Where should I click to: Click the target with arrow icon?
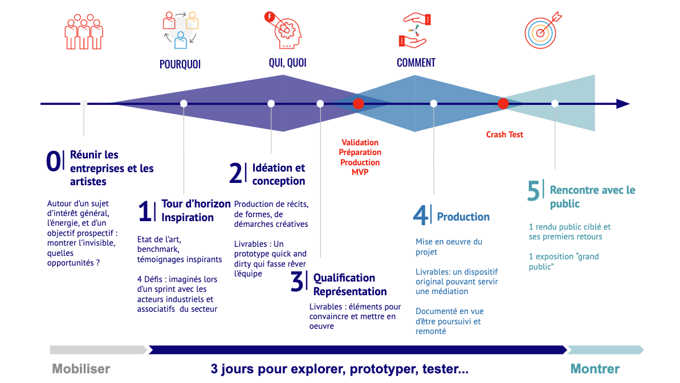(x=543, y=30)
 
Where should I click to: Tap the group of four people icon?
(x=84, y=32)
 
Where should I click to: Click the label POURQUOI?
(x=180, y=64)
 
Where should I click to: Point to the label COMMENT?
(x=416, y=63)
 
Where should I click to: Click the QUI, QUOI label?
(x=287, y=63)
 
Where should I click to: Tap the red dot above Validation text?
(x=358, y=104)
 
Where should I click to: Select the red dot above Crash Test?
(x=503, y=104)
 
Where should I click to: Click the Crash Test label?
(x=504, y=135)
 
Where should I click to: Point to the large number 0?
(x=54, y=161)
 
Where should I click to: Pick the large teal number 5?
(x=534, y=191)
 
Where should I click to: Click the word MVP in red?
(x=360, y=172)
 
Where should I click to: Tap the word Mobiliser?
(x=81, y=369)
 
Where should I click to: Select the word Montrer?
(x=595, y=369)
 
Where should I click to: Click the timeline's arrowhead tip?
(x=630, y=104)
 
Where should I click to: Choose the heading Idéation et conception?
(x=278, y=174)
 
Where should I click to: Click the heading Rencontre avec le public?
(x=592, y=197)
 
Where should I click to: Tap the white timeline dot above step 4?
(x=434, y=104)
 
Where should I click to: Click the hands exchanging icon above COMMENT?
(x=415, y=30)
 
